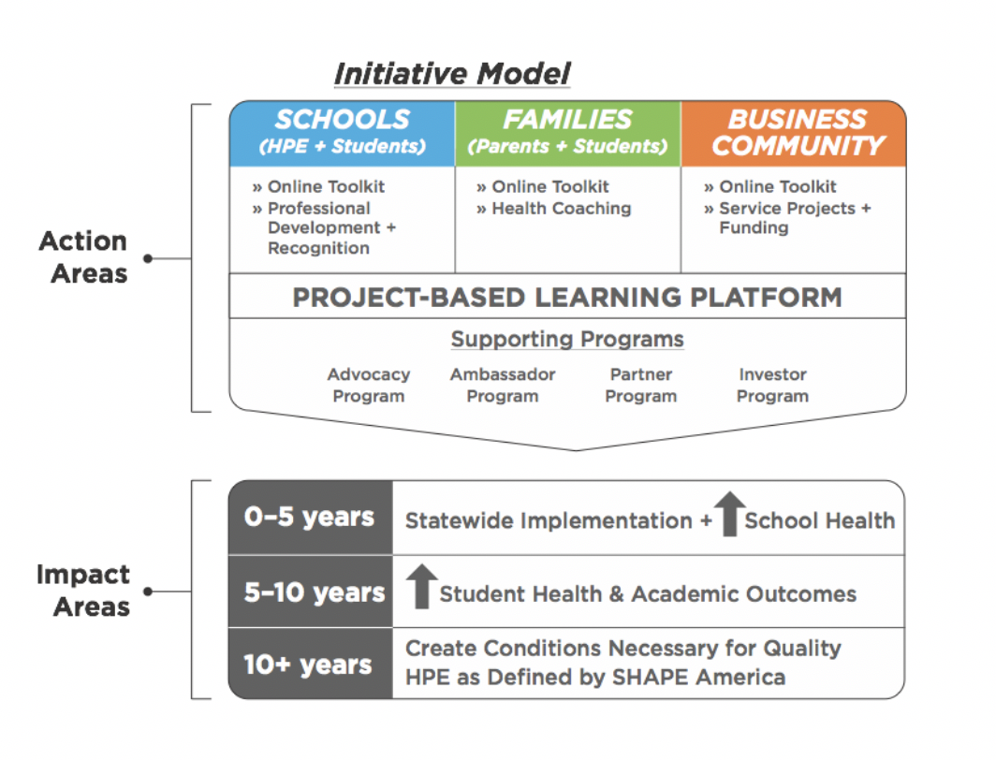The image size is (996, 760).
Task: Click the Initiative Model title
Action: tap(452, 74)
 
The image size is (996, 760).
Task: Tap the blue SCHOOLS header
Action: tap(343, 133)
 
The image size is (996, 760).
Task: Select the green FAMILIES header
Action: tap(568, 133)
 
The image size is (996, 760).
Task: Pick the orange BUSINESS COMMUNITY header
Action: tap(794, 133)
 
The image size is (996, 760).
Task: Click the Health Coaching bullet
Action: tap(554, 209)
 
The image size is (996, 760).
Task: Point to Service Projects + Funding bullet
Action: tap(787, 218)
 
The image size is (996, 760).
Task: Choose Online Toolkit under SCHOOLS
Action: tap(318, 186)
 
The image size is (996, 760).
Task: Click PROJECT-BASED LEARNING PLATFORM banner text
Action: tap(567, 297)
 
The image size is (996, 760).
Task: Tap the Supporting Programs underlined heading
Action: tap(567, 339)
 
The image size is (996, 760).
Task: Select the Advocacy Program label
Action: tap(369, 386)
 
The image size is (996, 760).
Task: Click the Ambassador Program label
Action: tap(503, 386)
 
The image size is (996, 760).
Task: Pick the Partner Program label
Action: tap(641, 386)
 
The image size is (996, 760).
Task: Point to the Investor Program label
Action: tap(772, 386)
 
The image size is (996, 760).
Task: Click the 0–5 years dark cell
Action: tap(311, 518)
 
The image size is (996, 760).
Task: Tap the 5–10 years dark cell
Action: tap(311, 592)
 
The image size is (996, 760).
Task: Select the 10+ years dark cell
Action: tap(311, 664)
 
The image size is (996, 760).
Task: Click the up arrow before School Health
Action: tap(730, 514)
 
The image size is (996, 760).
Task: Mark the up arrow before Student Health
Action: tap(422, 586)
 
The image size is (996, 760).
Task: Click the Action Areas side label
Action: tap(84, 257)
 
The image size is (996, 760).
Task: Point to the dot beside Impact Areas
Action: tap(148, 592)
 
